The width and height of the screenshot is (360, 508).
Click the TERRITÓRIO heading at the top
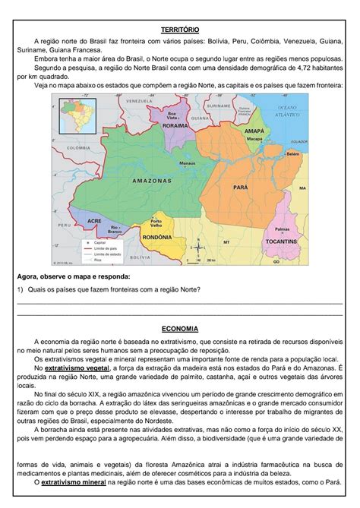[x=180, y=28]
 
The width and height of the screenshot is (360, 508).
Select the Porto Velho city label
[x=156, y=222]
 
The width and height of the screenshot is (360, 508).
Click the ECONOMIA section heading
[x=180, y=330]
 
